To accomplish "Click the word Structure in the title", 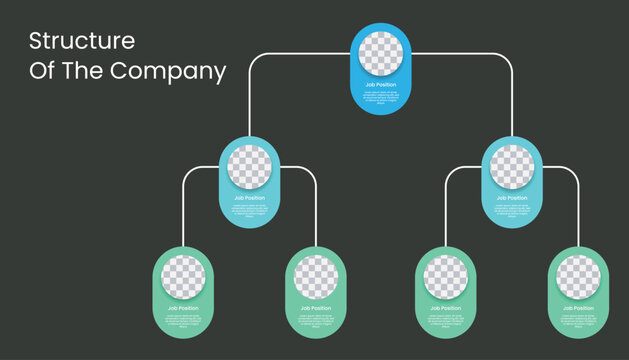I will [81, 41].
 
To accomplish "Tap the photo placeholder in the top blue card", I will [381, 54].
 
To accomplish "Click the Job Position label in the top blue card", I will [381, 84].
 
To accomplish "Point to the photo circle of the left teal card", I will [249, 167].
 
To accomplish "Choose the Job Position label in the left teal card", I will [249, 197].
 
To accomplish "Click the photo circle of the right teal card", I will [512, 167].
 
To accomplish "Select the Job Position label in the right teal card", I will [512, 197].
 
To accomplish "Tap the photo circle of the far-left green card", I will [183, 277].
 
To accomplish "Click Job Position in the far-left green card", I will [183, 308].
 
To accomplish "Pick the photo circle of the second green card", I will [316, 277].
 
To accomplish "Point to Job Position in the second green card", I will [316, 308].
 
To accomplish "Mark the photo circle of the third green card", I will [445, 277].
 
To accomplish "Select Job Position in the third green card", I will [445, 308].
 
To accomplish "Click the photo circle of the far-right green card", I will [578, 277].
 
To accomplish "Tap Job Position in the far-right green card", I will [578, 308].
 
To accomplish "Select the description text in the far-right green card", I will [578, 319].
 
